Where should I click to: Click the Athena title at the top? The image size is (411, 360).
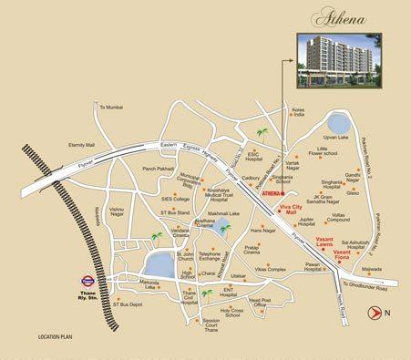(x=337, y=15)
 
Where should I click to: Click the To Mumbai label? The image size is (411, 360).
(x=110, y=107)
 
